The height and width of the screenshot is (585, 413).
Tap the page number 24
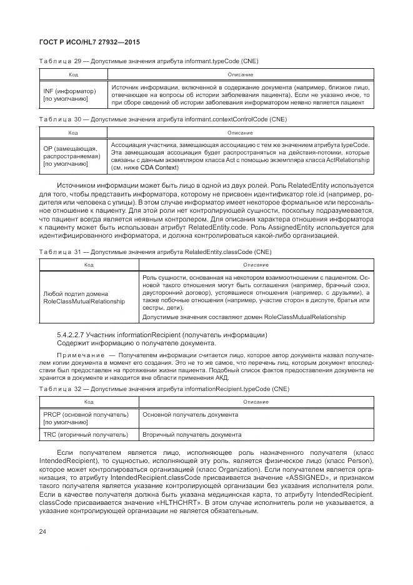point(42,532)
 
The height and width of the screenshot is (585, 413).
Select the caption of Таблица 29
point(148,61)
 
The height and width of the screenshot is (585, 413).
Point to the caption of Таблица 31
point(152,252)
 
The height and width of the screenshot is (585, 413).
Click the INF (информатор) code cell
point(65,94)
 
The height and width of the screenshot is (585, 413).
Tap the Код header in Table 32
point(89,402)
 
